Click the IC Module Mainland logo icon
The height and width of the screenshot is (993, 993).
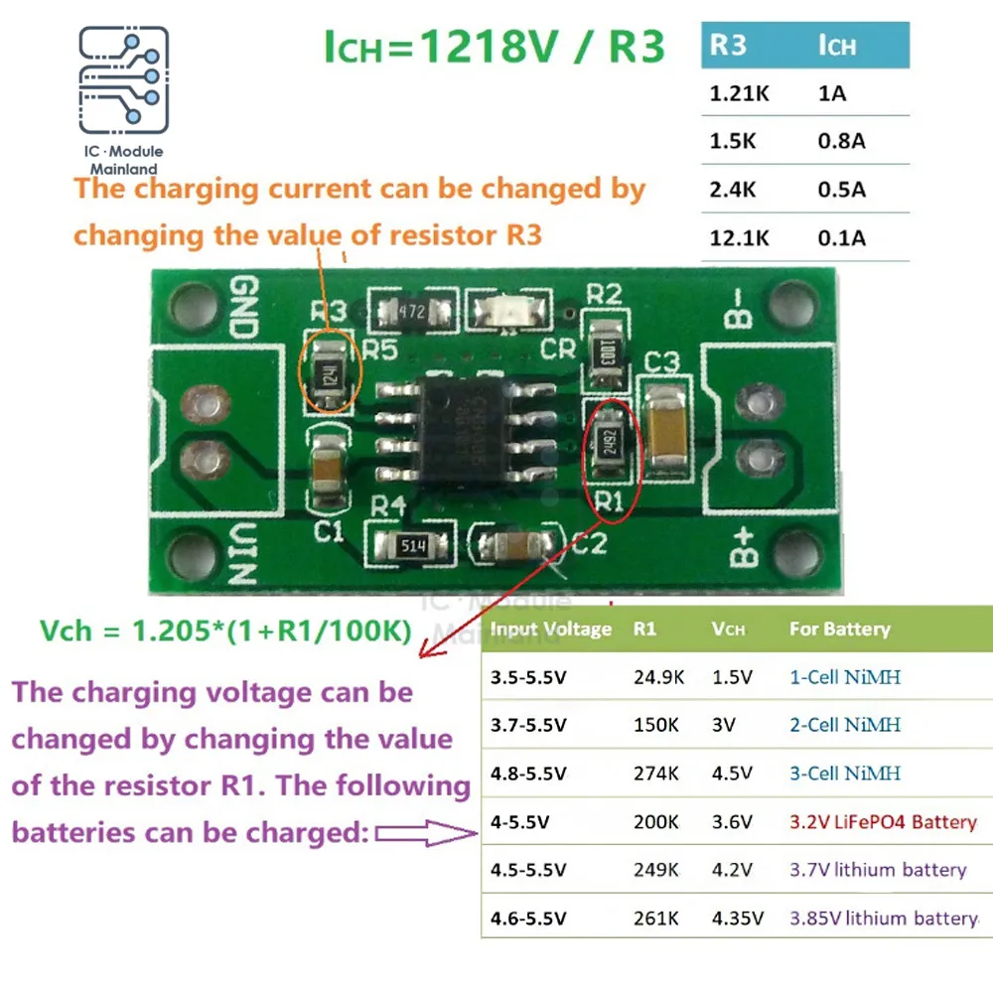pos(124,83)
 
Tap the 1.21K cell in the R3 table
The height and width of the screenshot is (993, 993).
pos(733,94)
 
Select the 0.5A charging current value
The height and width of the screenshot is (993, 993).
pos(841,189)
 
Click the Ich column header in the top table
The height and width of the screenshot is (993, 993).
pos(837,46)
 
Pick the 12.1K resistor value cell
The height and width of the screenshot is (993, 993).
pos(738,238)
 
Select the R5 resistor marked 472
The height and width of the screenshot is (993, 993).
pos(411,311)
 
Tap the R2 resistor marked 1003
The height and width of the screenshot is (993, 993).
pos(604,351)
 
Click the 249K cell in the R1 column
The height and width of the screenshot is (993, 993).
pos(656,870)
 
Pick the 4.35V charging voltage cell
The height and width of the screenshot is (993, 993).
pos(737,918)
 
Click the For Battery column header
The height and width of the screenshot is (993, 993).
pos(839,629)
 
